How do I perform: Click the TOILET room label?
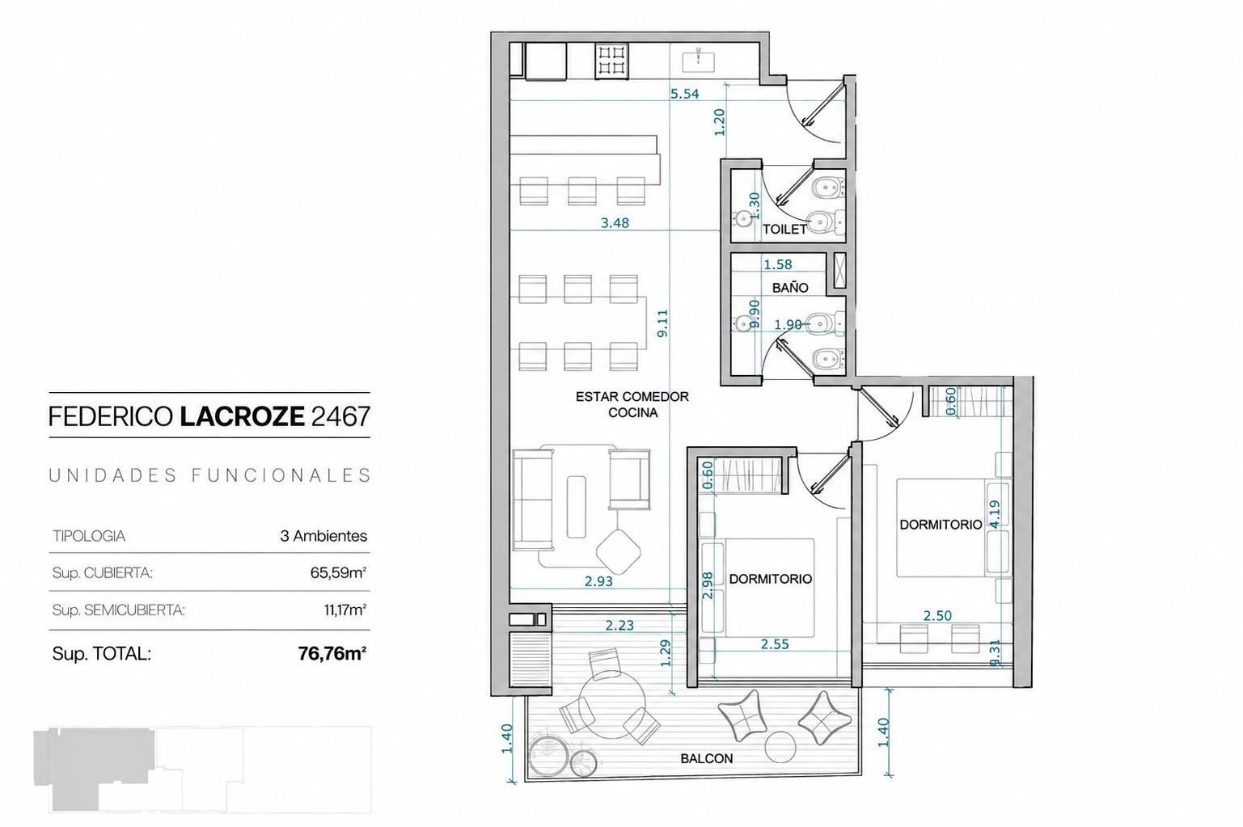point(784,229)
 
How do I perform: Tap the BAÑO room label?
point(790,288)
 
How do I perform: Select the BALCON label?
point(706,758)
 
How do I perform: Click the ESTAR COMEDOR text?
point(632,397)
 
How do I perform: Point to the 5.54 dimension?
point(684,94)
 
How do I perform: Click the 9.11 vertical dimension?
point(662,323)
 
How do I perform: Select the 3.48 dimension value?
point(615,223)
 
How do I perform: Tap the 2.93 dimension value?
point(598,581)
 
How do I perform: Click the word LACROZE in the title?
point(243,416)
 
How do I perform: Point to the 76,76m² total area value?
point(332,654)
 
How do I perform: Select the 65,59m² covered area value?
point(339,572)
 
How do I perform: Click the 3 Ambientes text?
point(323,536)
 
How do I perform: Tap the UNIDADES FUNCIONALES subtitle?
point(209,476)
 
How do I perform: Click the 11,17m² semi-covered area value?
point(345,610)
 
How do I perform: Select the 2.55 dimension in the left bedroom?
point(775,644)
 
